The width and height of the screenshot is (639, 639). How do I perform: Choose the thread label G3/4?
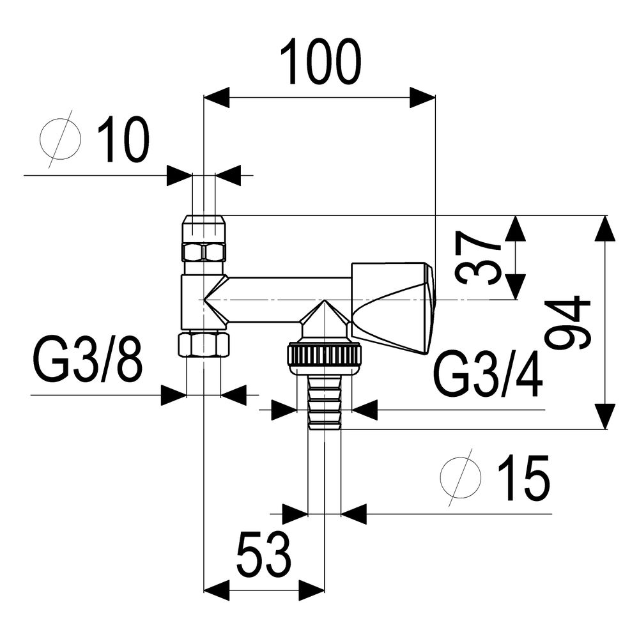(489, 374)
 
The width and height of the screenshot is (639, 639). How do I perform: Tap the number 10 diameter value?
(123, 139)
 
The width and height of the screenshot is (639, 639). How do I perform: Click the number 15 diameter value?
(524, 477)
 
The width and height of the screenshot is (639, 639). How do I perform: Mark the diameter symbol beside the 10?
(60, 139)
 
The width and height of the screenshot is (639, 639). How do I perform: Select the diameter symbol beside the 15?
(461, 477)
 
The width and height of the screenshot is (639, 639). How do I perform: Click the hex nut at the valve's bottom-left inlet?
(204, 344)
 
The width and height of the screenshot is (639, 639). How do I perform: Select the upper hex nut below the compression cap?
(203, 252)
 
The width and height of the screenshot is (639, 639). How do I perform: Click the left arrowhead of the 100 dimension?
(216, 97)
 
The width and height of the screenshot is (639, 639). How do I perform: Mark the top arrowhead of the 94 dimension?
(604, 228)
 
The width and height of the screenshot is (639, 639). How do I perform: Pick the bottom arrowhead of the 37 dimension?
(516, 286)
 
